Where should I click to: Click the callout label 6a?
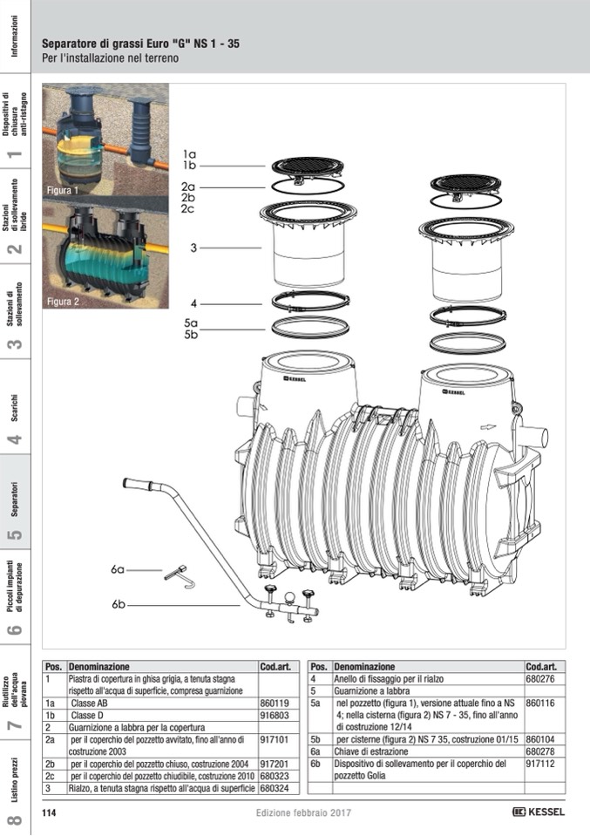point(118,569)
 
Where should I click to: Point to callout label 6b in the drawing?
point(119,605)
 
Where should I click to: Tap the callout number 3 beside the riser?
point(193,248)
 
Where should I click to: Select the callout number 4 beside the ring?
point(193,304)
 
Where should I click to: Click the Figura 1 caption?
point(63,190)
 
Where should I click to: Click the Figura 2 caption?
point(63,302)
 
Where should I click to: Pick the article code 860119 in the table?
point(275,703)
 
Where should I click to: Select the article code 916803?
point(275,716)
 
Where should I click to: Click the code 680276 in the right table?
point(540,679)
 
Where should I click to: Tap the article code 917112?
point(540,764)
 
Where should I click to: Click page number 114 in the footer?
point(49,812)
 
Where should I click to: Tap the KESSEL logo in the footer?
point(539,812)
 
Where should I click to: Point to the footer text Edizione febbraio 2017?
point(303,812)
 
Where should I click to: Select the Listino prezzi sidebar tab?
point(15,780)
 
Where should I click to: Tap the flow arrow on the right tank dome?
point(488,427)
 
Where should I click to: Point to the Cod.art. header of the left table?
point(275,667)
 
